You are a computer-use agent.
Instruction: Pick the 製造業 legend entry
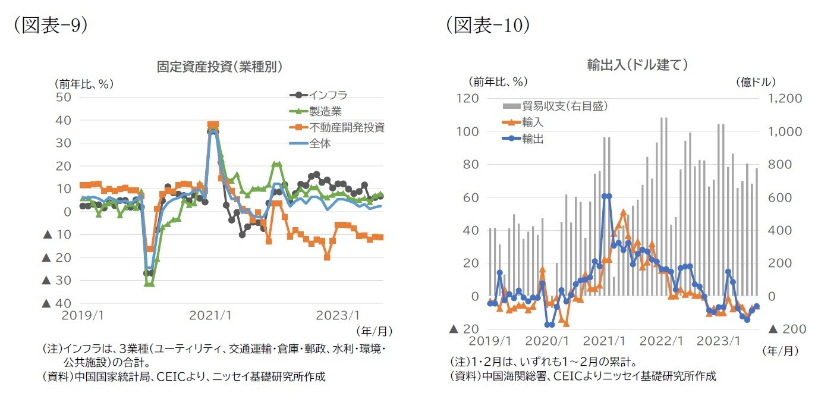pos(325,111)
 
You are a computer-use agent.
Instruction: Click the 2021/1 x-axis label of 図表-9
pos(210,315)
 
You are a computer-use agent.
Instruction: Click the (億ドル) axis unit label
pos(756,81)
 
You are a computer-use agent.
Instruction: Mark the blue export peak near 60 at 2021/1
pos(606,196)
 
